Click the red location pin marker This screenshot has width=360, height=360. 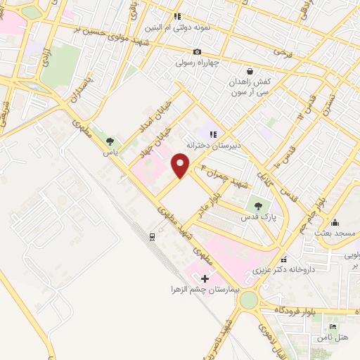181,165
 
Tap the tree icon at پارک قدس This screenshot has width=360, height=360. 259,206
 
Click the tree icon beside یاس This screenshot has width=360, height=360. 108,143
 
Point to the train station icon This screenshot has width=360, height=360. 152,237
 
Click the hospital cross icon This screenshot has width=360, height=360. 205,278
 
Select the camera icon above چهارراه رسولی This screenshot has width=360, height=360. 197,51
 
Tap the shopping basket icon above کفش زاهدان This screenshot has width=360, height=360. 250,71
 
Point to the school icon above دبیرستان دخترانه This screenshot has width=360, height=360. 213,134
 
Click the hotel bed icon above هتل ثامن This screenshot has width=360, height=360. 333,326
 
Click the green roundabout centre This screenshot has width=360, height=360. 248,301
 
